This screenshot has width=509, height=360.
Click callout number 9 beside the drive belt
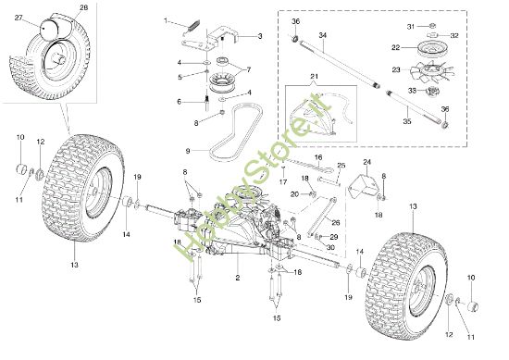pos(188,150)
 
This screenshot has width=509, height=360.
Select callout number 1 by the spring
pos(167,20)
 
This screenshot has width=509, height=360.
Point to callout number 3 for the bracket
pos(260,35)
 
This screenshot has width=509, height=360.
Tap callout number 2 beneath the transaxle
pos(238,277)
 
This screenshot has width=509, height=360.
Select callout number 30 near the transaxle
pos(330,248)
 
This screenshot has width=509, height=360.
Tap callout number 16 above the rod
pos(317,158)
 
